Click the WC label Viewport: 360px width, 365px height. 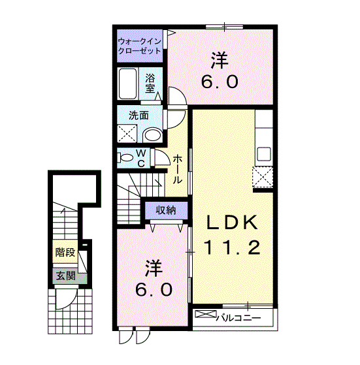coord(141,157)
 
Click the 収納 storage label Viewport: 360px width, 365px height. coord(165,210)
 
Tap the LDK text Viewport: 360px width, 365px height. coord(233,223)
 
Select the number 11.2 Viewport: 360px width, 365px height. coord(233,247)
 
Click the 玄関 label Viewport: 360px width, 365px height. coord(64,276)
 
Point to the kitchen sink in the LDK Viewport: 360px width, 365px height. coord(264,154)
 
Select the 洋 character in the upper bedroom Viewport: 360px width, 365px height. coord(219,61)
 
